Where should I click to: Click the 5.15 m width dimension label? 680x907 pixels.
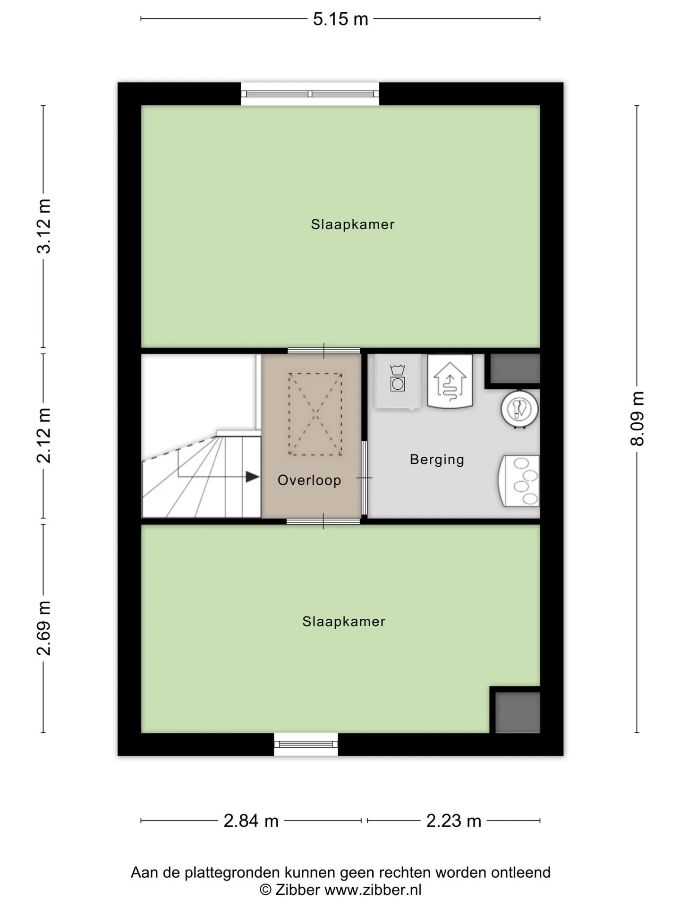[340, 19]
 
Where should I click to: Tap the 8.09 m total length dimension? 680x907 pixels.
[637, 419]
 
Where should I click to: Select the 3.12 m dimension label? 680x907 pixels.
[44, 226]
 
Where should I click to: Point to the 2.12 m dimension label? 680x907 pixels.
[44, 436]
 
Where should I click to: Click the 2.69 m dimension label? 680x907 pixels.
[44, 628]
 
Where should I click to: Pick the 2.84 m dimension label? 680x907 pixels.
[251, 821]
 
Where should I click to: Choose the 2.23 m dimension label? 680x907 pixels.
[454, 821]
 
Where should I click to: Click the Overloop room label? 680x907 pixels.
[309, 480]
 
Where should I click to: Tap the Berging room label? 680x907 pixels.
[437, 460]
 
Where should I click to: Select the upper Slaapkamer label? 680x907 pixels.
[353, 224]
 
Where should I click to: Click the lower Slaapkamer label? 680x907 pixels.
[344, 622]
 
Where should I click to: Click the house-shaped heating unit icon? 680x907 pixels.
[450, 381]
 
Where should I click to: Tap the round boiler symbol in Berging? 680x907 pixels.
[519, 409]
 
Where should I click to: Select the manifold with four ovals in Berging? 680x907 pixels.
[519, 481]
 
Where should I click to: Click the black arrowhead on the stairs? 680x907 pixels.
[253, 477]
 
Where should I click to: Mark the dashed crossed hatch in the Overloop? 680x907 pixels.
[315, 414]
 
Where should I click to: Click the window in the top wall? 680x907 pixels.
[310, 94]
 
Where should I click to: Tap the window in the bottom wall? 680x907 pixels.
[306, 744]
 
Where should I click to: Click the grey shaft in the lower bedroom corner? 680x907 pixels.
[518, 712]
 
